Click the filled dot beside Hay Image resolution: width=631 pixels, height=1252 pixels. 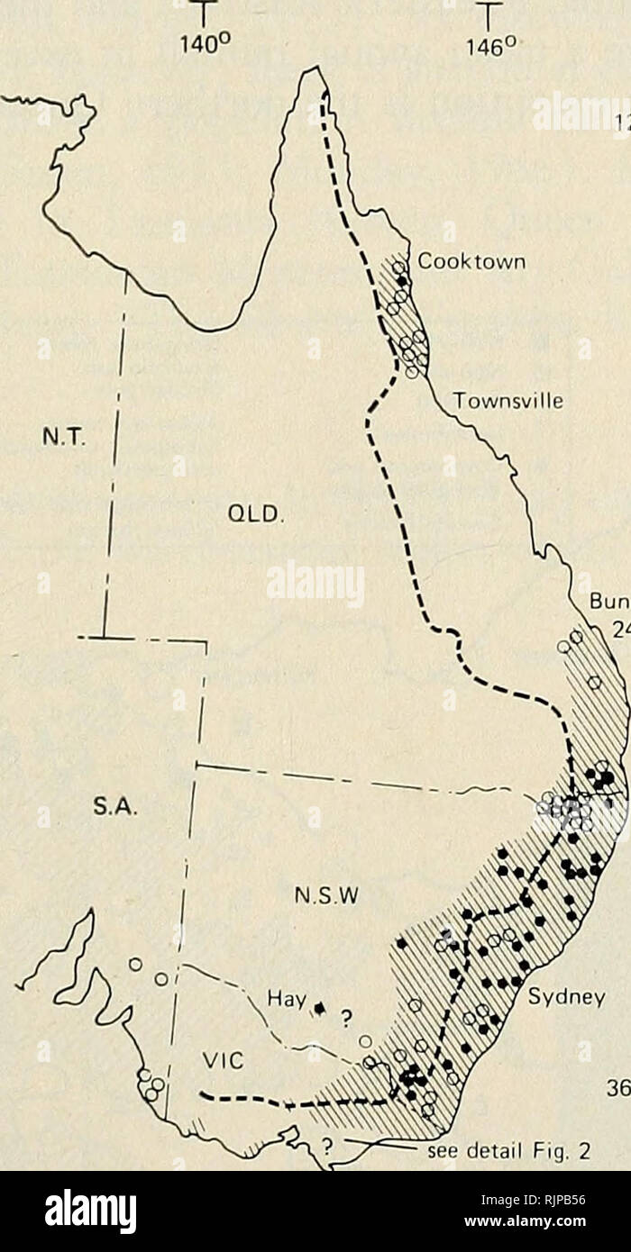[x=319, y=1004]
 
